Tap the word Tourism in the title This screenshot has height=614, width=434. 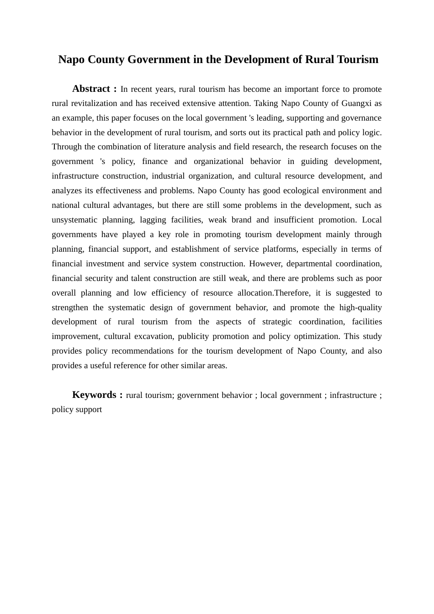pos(358,60)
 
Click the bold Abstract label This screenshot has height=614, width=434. pos(91,89)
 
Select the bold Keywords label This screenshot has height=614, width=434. pos(94,395)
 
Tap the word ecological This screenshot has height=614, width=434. pos(289,191)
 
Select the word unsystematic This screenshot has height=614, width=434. pos(74,220)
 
